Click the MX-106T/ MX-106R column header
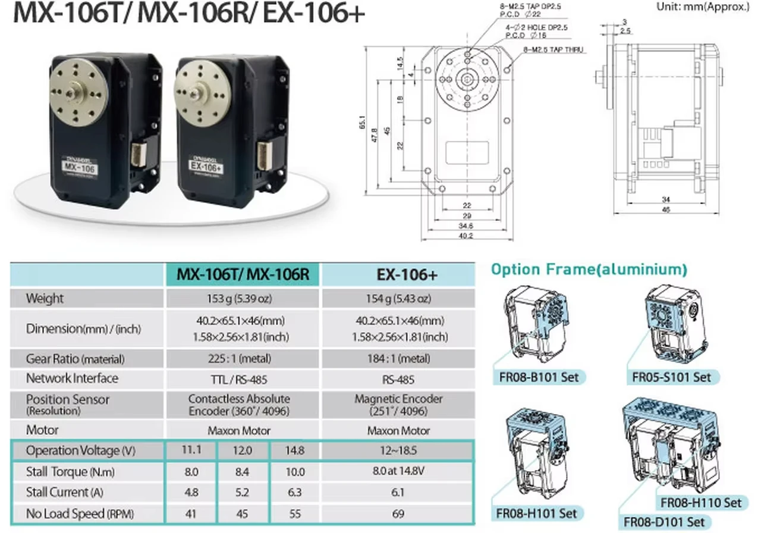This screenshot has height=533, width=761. click(x=242, y=274)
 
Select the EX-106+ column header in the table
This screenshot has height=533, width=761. click(x=398, y=274)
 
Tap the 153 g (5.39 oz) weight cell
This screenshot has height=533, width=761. click(x=242, y=299)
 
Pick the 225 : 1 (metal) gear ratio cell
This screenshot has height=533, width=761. click(x=242, y=359)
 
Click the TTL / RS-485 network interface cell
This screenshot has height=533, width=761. click(x=242, y=379)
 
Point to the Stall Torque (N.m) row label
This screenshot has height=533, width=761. click(x=70, y=472)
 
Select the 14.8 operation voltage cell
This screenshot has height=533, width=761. click(x=294, y=450)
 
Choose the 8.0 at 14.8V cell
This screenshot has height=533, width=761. click(x=398, y=472)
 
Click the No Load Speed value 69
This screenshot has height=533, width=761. click(x=398, y=513)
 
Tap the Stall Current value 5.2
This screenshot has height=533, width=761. click(x=242, y=493)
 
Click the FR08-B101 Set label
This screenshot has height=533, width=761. click(x=539, y=377)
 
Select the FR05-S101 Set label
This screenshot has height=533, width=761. click(x=671, y=377)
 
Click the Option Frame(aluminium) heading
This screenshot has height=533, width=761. click(x=589, y=269)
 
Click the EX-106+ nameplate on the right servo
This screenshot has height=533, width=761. click(x=206, y=168)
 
